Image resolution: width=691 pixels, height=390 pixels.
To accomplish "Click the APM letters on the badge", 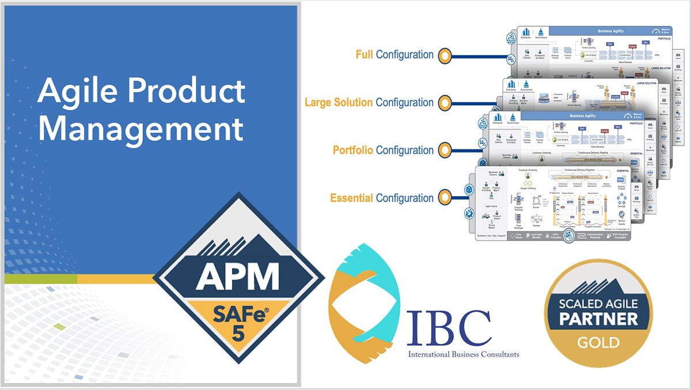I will point(237,278).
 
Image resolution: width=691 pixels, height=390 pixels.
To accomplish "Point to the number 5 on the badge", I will point(237,333).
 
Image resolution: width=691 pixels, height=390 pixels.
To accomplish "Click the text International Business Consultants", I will point(463,354).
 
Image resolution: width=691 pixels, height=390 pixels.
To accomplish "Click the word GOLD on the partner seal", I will point(598,343).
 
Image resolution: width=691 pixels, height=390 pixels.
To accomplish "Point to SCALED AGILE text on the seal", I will point(598,303).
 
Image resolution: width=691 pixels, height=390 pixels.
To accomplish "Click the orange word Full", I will point(364,55).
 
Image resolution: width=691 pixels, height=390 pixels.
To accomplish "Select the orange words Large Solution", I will point(339,103).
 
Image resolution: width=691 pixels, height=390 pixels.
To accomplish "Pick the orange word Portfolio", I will point(353,151).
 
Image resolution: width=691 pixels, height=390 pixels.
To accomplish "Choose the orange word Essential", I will point(351,198).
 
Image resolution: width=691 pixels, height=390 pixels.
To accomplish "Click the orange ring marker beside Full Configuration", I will point(445,56).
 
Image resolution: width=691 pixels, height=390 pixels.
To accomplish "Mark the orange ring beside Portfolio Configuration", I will point(445,151).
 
